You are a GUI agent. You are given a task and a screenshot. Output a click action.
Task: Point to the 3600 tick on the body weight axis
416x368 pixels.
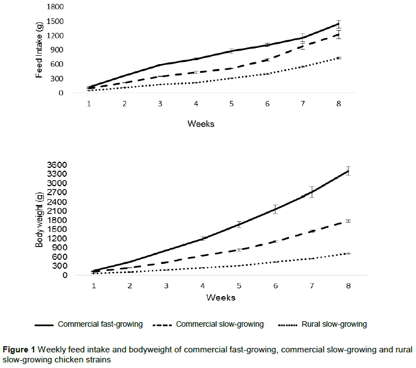(x=57, y=165)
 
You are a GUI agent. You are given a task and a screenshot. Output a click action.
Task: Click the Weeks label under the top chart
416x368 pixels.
(x=200, y=124)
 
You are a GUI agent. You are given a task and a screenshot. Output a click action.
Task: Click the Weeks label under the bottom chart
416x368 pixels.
(x=221, y=297)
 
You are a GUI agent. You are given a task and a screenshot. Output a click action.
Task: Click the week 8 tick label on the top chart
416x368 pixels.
(x=338, y=104)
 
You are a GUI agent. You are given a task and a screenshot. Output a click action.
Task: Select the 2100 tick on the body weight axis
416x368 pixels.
(x=57, y=211)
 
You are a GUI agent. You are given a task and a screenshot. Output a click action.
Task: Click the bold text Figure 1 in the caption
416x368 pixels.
(x=20, y=350)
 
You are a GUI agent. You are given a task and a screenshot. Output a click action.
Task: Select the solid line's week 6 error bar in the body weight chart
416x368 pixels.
(x=275, y=209)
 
